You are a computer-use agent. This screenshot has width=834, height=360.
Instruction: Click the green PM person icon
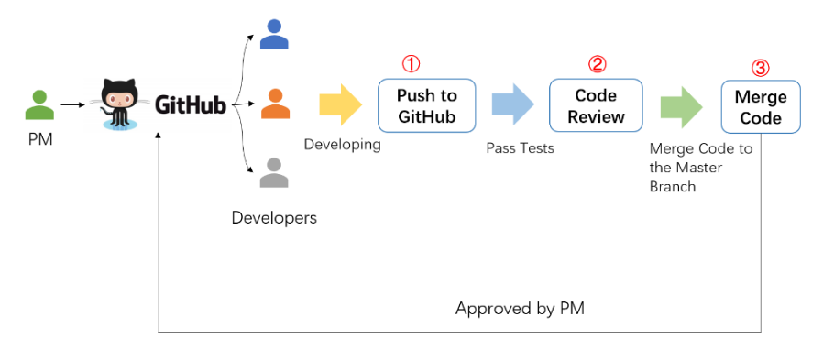coord(39,104)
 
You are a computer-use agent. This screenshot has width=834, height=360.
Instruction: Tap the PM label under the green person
coord(39,141)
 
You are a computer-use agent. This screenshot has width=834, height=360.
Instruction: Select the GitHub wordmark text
coord(190,105)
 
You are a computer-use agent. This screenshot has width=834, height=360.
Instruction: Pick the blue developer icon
coord(274,34)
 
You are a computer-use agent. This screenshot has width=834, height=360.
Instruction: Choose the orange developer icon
coord(274,104)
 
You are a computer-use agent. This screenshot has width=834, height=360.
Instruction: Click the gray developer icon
coord(274,172)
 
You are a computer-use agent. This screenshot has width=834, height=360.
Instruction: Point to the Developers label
coord(274,217)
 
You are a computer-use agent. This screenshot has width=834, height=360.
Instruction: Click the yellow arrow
coord(342,104)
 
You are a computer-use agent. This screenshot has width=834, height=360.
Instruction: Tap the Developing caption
coord(342,144)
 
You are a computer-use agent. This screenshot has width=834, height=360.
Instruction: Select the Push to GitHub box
coord(427,105)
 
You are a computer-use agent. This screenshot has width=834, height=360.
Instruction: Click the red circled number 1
coord(412,64)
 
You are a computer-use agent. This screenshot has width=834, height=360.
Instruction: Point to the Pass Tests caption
coord(520,147)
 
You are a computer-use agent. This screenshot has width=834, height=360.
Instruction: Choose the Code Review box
coord(596,105)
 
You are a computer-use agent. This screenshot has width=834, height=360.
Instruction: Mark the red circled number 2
coord(597,64)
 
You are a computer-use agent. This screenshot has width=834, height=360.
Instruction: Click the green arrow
coord(680,105)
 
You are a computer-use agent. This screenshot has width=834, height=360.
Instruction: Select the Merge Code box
coord(761,107)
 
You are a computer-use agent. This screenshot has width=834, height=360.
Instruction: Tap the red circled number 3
coord(760,68)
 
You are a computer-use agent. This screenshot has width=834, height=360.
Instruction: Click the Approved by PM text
coord(520,309)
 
